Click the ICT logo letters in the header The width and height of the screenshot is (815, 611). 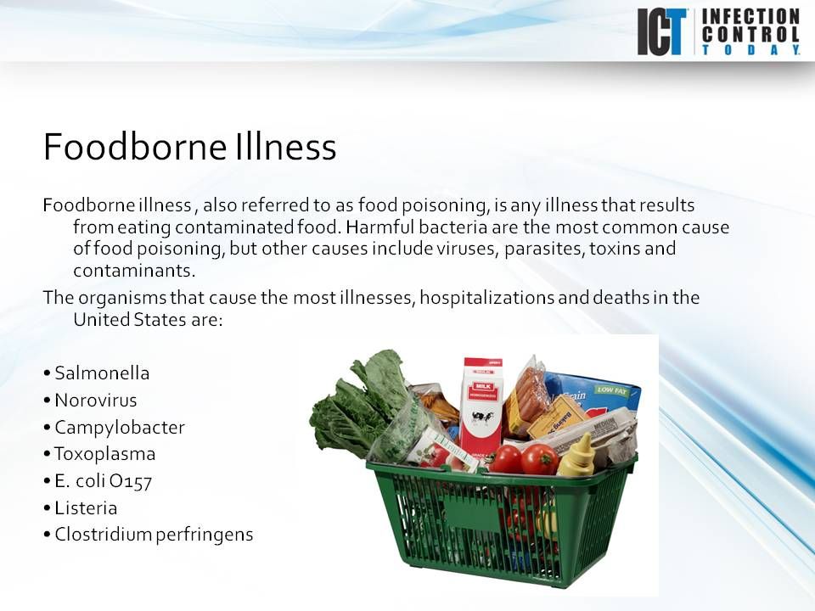click(x=664, y=32)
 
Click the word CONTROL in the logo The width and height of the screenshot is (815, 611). click(x=750, y=33)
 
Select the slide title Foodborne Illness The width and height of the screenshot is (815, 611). click(x=189, y=147)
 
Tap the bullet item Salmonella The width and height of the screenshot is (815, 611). click(x=102, y=373)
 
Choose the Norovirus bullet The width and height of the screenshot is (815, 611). click(x=95, y=400)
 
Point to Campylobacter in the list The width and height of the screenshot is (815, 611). click(x=119, y=427)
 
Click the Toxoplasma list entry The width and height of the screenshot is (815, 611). click(x=104, y=453)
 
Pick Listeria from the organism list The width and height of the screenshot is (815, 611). click(x=86, y=507)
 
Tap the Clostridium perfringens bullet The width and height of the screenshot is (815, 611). click(x=154, y=535)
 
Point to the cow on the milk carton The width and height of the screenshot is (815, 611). click(x=482, y=419)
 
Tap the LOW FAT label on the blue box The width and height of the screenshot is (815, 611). click(x=610, y=390)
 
